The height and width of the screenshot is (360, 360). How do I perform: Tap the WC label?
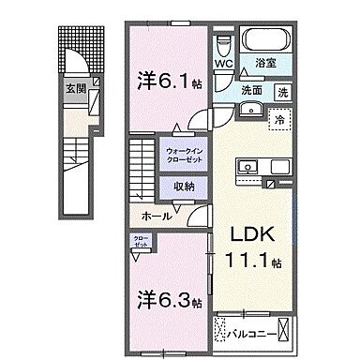pyautogui.click(x=223, y=64)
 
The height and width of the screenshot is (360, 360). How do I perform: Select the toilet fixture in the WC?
pyautogui.click(x=223, y=46)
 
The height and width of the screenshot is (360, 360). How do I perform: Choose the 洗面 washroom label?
pyautogui.click(x=250, y=92)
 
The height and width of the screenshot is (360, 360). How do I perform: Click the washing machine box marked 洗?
pyautogui.click(x=282, y=92)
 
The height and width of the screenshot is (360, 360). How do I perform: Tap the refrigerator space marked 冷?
pyautogui.click(x=277, y=118)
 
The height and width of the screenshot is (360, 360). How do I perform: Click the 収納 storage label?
pyautogui.click(x=186, y=184)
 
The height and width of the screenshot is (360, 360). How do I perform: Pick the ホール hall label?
pyautogui.click(x=157, y=215)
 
